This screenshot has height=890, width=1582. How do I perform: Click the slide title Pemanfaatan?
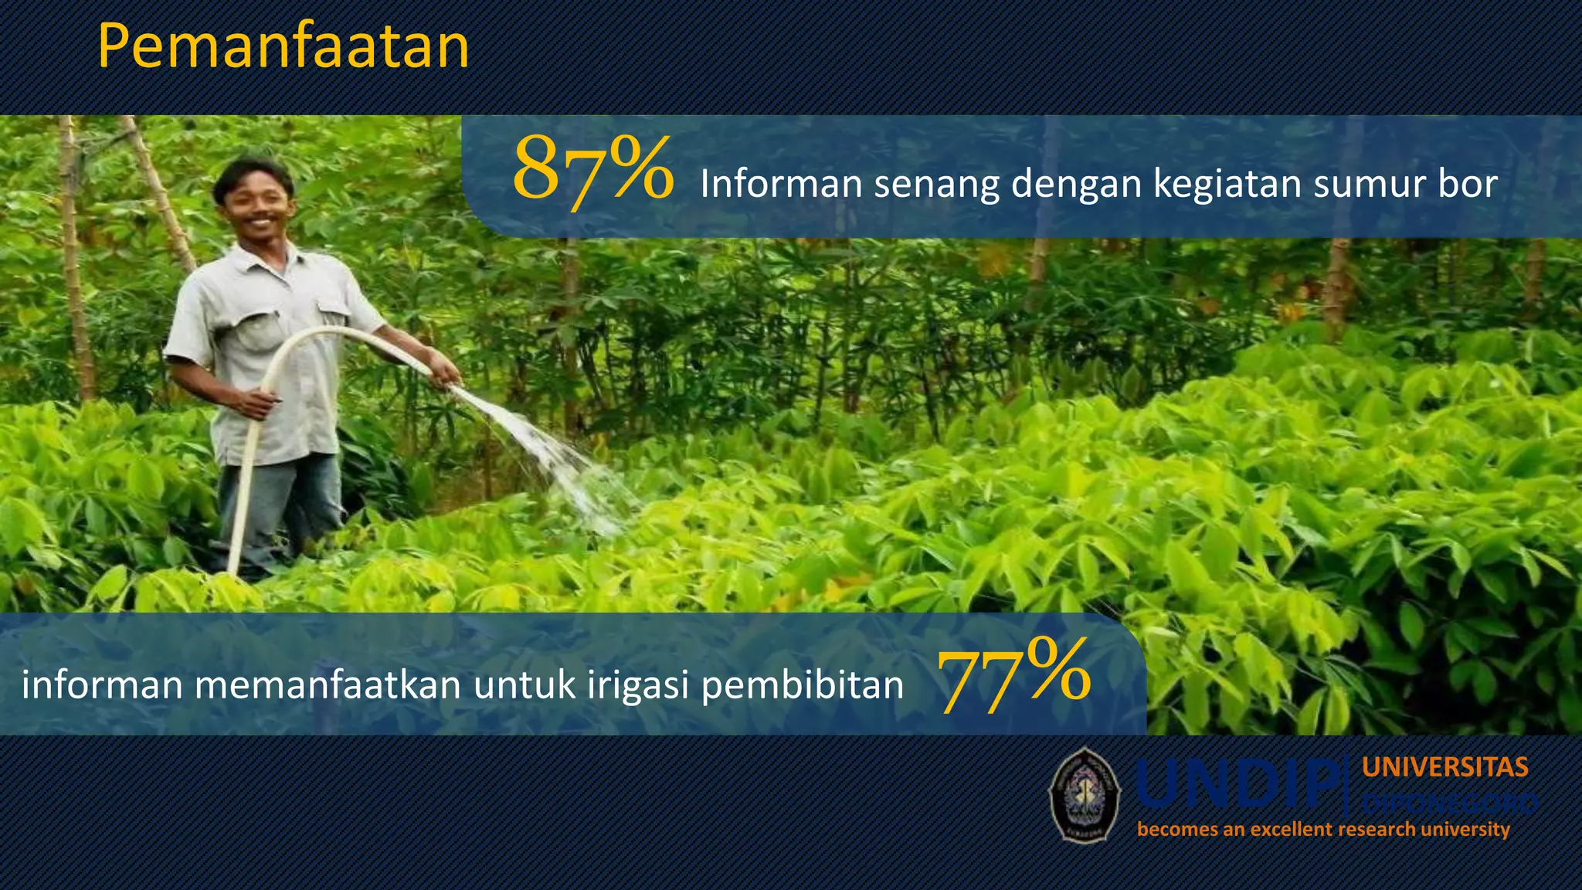pyautogui.click(x=283, y=48)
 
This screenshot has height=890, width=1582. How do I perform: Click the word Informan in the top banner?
pyautogui.click(x=781, y=185)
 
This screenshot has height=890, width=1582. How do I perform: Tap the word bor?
pyautogui.click(x=1467, y=185)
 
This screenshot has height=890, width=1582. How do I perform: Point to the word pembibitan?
pyautogui.click(x=802, y=684)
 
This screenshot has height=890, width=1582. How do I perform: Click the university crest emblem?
pyautogui.click(x=1084, y=795)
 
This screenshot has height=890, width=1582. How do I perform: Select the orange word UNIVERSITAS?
pyautogui.click(x=1445, y=767)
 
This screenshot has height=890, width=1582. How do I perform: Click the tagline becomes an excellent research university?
pyautogui.click(x=1323, y=830)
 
